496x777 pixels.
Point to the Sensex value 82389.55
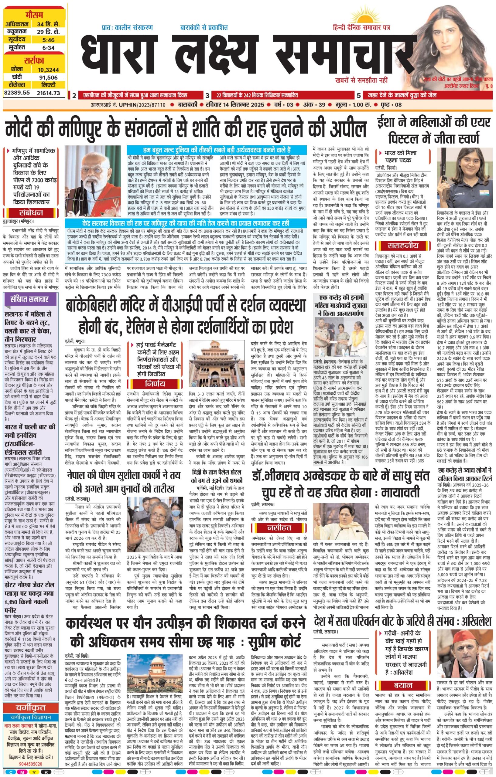tap(17, 93)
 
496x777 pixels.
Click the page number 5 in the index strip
tap(359, 95)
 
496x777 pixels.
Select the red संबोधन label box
tap(31, 213)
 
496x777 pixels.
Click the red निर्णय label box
tap(155, 384)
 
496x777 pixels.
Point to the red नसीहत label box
tap(279, 528)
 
